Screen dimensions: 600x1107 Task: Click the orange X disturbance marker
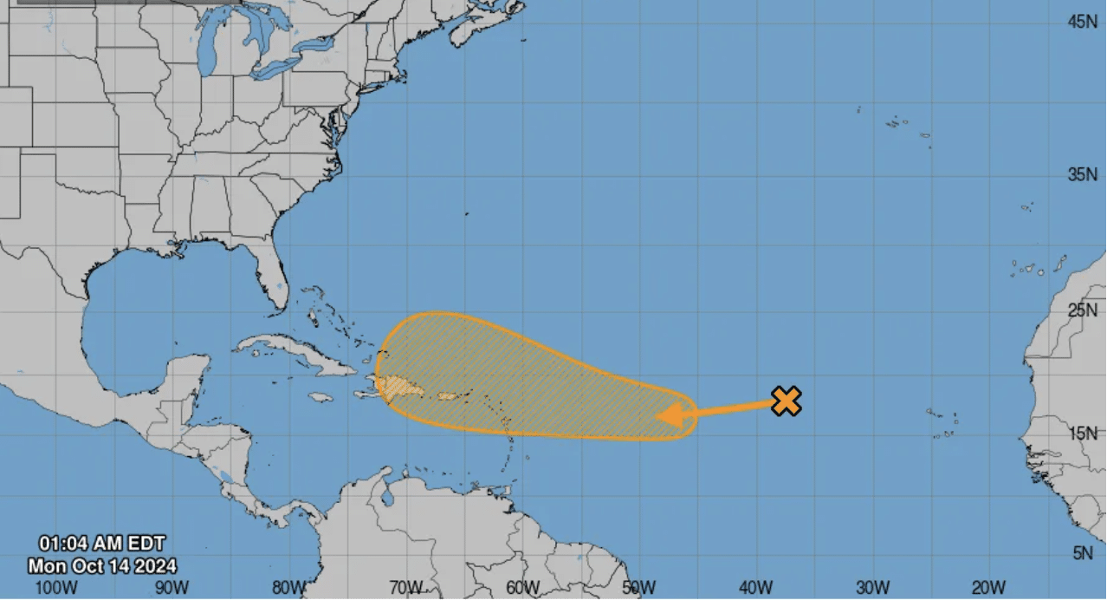tap(786, 401)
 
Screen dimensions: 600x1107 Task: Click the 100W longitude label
tap(57, 588)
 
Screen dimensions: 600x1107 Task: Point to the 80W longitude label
tap(288, 588)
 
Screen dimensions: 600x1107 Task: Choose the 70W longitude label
tap(405, 588)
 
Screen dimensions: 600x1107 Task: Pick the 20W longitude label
tap(988, 588)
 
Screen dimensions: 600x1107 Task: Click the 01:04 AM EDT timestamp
tap(101, 544)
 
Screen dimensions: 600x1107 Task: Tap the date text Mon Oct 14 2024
tap(102, 566)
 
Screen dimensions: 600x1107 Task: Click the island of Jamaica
tap(320, 397)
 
